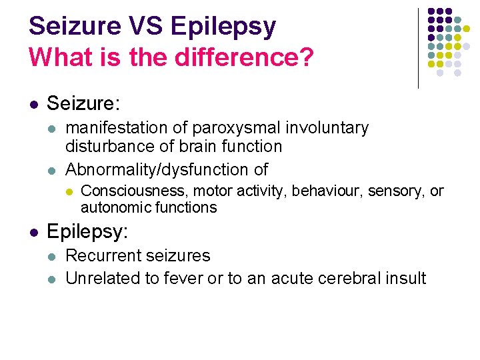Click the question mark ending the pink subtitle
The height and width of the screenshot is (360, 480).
(x=306, y=57)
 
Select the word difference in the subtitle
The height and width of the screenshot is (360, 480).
(x=237, y=57)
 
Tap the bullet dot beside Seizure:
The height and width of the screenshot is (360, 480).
(x=33, y=105)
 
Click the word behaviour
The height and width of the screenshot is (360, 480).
(x=322, y=191)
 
